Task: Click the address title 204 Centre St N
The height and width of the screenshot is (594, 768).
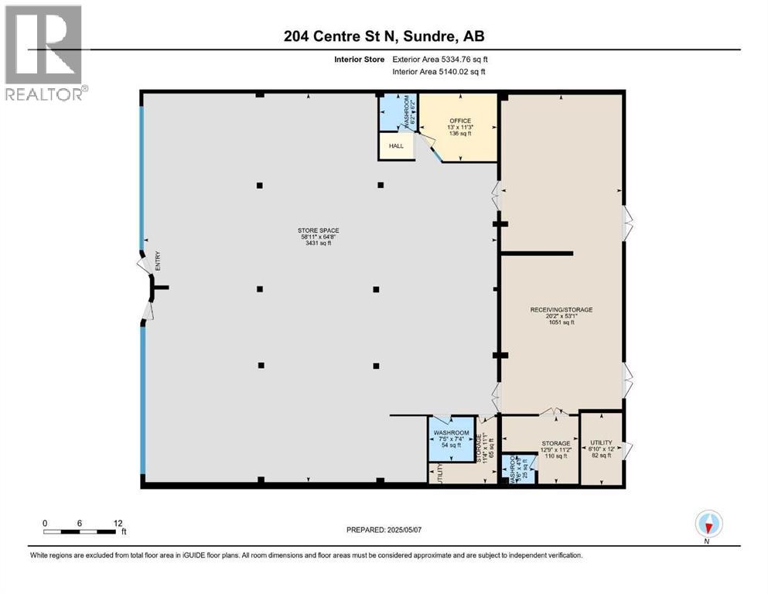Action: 384,36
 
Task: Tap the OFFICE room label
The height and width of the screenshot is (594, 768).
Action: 461,127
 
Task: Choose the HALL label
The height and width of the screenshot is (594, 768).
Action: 396,145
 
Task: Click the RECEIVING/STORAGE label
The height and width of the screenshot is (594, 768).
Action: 561,316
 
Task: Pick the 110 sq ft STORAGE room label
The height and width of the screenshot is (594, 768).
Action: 555,449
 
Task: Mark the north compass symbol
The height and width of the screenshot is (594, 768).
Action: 708,524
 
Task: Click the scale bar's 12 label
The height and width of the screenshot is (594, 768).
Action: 118,523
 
